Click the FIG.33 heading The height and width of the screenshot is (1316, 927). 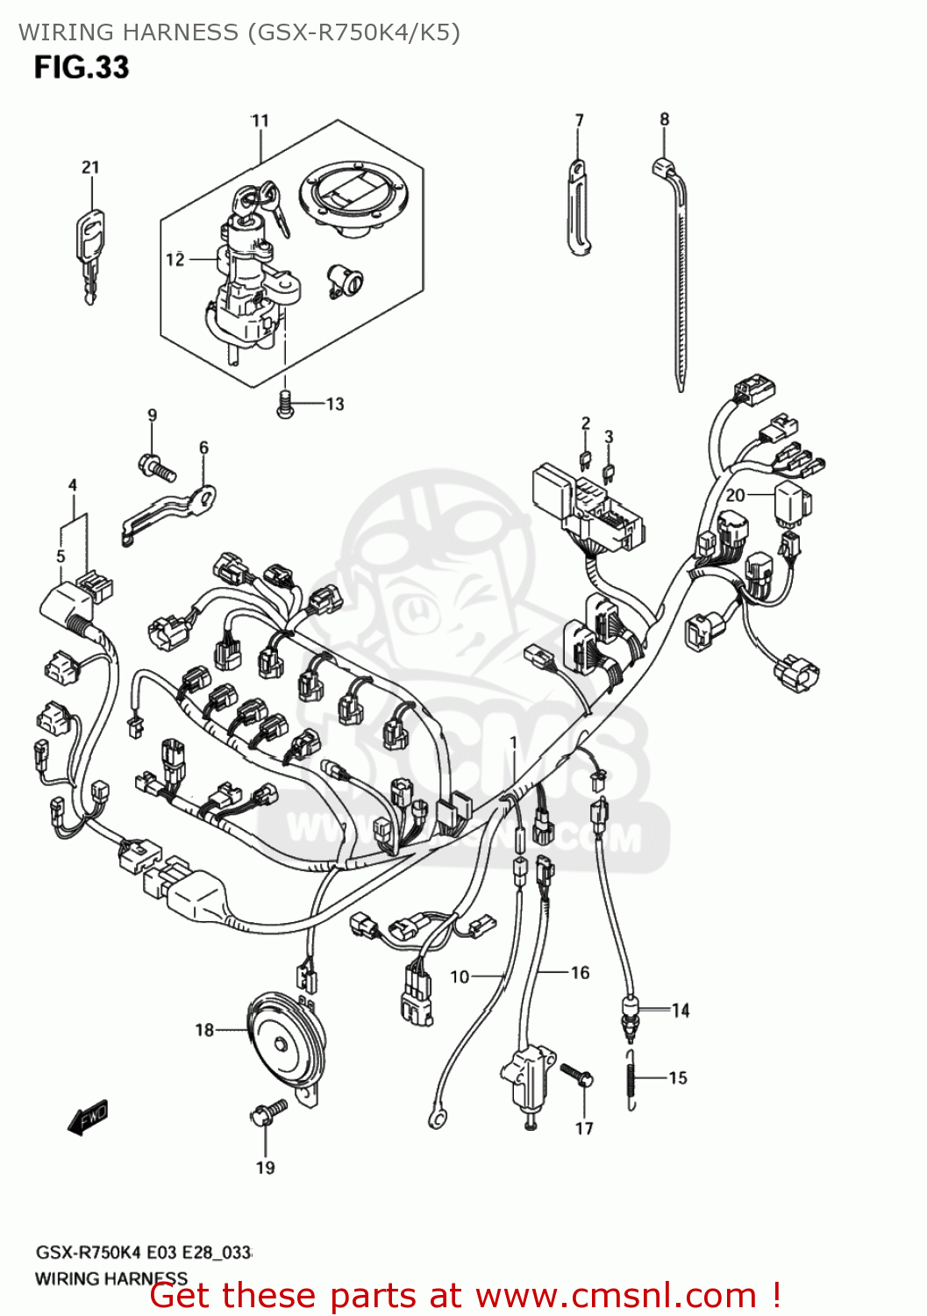(x=82, y=68)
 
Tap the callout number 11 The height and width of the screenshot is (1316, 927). (x=260, y=121)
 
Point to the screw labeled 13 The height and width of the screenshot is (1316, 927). (x=284, y=404)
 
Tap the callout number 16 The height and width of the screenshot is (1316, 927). (x=580, y=972)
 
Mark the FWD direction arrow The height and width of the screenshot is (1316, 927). (x=89, y=1117)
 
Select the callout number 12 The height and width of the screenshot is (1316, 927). (x=175, y=259)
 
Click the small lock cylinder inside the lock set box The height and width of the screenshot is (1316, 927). (x=346, y=281)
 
